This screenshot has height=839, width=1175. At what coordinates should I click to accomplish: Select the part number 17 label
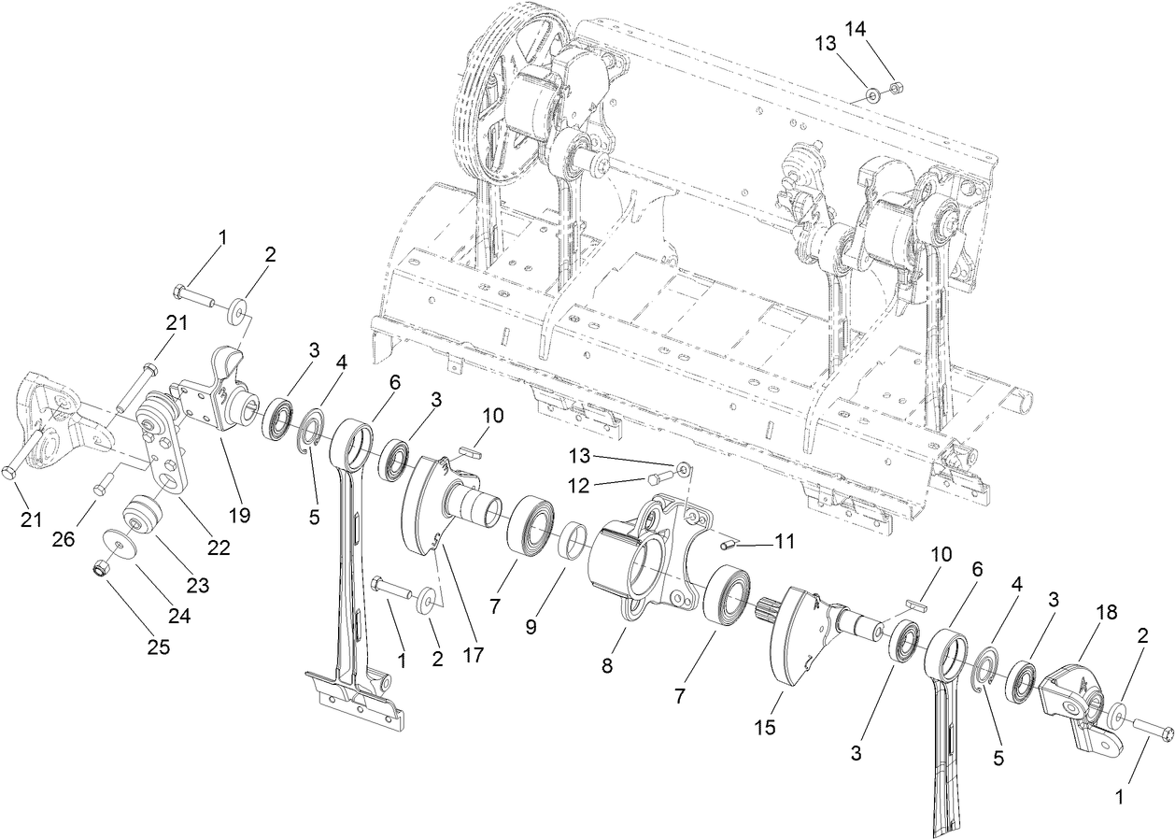[473, 654]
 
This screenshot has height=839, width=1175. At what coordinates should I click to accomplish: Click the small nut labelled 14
[892, 87]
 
